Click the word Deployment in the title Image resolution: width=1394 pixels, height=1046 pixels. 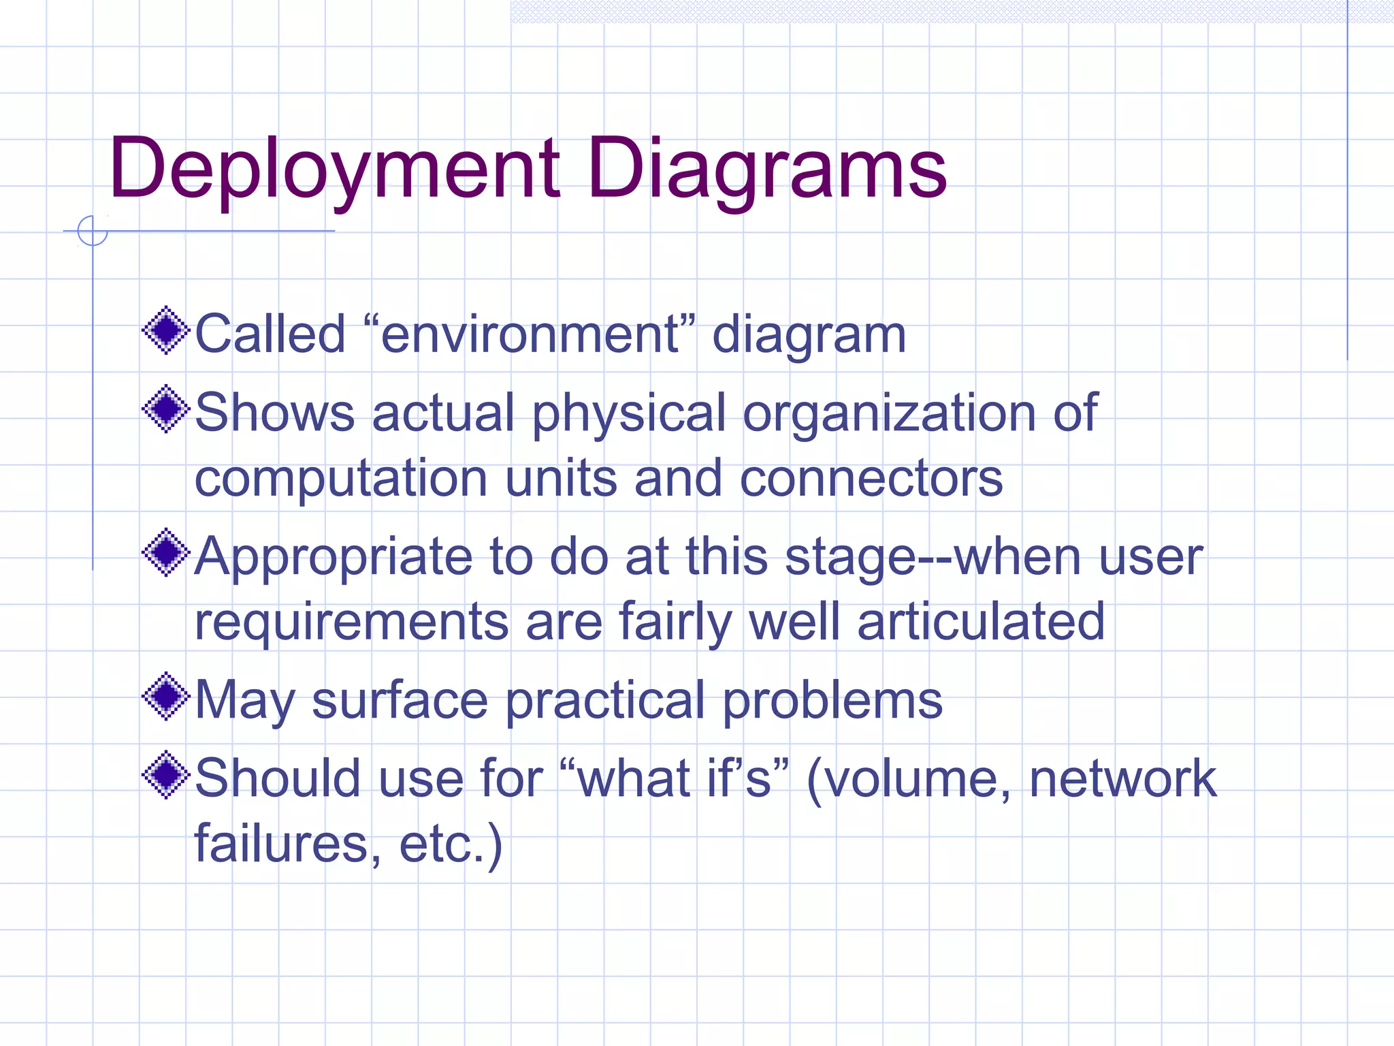[x=334, y=168]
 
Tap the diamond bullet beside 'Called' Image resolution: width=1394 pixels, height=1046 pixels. [x=165, y=331]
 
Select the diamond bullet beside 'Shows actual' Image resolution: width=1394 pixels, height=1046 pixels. [x=165, y=409]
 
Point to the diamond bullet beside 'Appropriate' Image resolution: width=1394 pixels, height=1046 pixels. [x=165, y=553]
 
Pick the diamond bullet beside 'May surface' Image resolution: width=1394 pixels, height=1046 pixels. [x=165, y=697]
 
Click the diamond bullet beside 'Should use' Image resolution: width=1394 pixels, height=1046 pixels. [x=165, y=775]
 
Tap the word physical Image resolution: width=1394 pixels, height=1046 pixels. [x=629, y=413]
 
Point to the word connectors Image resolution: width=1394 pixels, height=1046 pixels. [x=871, y=477]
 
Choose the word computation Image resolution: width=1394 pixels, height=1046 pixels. [x=341, y=479]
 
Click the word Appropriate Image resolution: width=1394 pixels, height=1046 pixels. [x=334, y=557]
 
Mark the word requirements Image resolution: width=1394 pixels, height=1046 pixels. [x=351, y=622]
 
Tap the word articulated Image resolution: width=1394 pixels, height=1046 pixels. [x=981, y=621]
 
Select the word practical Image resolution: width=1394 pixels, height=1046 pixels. [x=605, y=701]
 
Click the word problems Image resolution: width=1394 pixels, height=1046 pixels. [x=832, y=701]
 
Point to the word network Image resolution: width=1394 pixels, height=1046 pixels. [x=1122, y=778]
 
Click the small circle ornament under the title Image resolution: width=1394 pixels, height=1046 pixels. [x=93, y=231]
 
